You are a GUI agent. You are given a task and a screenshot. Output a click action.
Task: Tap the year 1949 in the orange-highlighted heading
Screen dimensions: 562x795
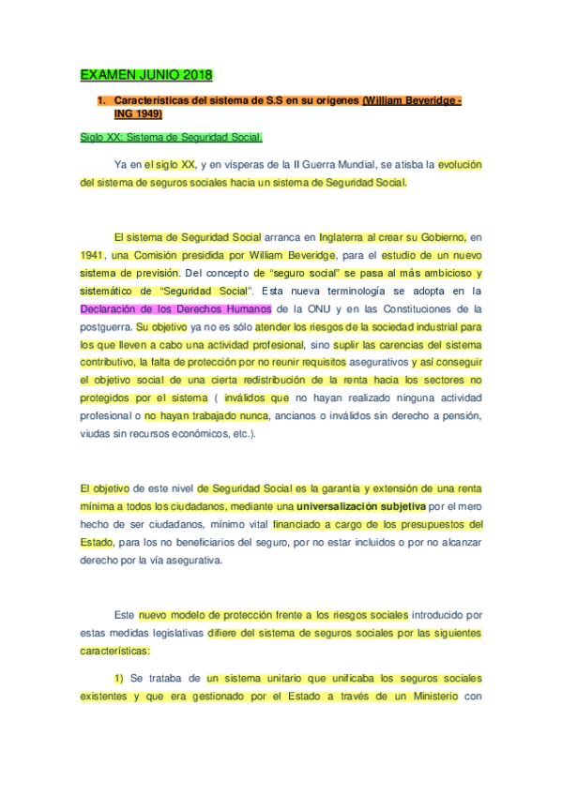[x=145, y=113]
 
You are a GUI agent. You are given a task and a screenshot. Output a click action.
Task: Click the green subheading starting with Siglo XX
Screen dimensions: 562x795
[x=157, y=137]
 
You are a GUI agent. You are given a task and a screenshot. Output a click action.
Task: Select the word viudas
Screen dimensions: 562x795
[x=95, y=434]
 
